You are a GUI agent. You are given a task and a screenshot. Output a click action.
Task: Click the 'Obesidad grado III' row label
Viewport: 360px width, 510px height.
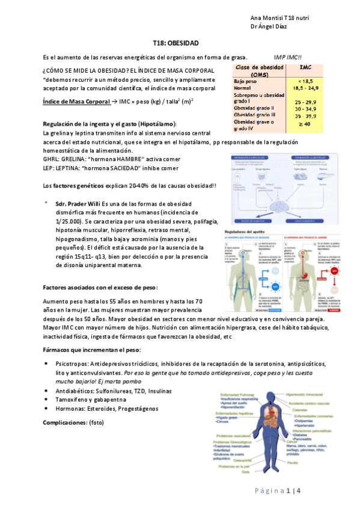point(255,114)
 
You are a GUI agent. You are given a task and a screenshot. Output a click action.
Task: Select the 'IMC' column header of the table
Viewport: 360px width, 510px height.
point(305,68)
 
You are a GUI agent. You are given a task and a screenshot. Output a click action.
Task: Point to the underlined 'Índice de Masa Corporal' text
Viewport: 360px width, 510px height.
point(76,102)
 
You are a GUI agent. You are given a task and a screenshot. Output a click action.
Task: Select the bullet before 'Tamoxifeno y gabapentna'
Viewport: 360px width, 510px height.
point(47,399)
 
